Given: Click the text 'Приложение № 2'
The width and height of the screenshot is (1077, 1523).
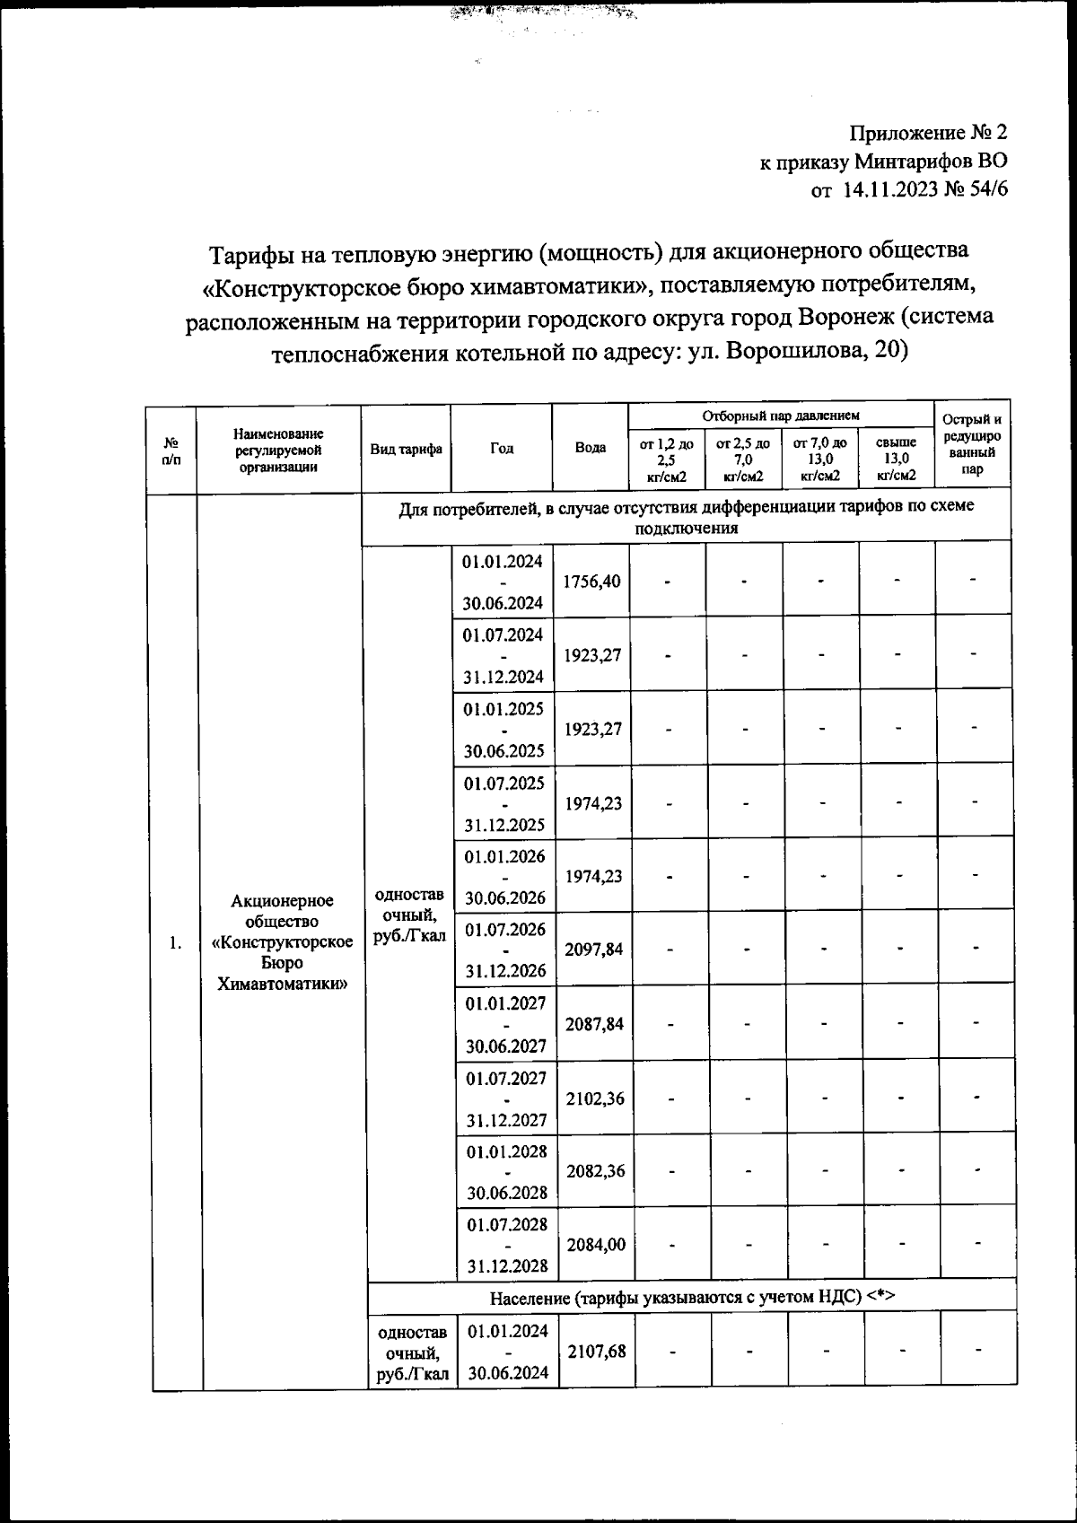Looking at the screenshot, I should [x=928, y=133].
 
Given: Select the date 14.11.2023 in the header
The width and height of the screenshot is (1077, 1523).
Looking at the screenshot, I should [x=889, y=190].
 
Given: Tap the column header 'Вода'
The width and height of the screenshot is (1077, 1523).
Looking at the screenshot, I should [x=590, y=448].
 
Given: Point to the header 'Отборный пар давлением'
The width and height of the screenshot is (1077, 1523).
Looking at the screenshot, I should [x=780, y=416].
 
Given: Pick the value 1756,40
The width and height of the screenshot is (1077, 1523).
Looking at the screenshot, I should [x=591, y=581].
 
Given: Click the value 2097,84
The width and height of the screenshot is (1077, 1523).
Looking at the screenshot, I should [x=593, y=950].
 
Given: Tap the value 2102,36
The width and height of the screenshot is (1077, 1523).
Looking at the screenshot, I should [x=595, y=1098].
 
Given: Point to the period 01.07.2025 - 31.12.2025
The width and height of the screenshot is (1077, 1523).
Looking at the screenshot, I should [x=503, y=803].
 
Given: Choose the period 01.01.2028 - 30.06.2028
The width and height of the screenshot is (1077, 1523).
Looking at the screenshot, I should [x=506, y=1171].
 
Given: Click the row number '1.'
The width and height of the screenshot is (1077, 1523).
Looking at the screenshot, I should [x=175, y=942].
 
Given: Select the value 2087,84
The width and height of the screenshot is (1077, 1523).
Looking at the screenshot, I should [x=594, y=1024].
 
